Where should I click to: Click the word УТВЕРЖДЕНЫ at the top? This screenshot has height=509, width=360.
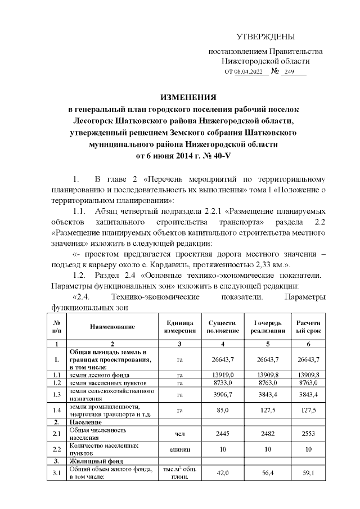(265, 37)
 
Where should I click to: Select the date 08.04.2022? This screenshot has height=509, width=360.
(248, 73)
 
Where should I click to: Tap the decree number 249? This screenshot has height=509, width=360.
(290, 73)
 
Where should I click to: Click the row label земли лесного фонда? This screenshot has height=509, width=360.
(100, 374)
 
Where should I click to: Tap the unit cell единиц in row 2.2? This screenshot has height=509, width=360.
(180, 449)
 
